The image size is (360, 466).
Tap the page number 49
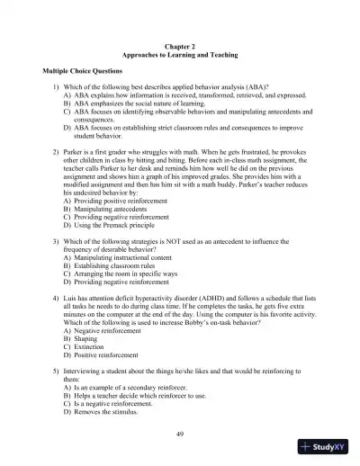click(x=181, y=435)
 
